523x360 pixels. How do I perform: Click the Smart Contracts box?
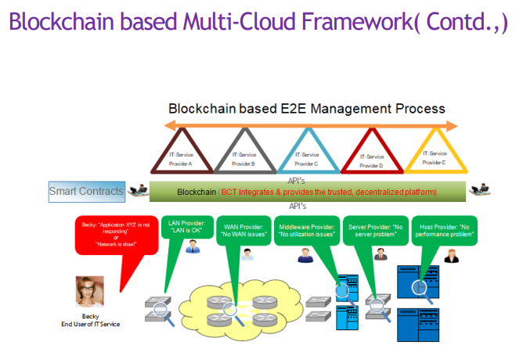pyautogui.click(x=86, y=191)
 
